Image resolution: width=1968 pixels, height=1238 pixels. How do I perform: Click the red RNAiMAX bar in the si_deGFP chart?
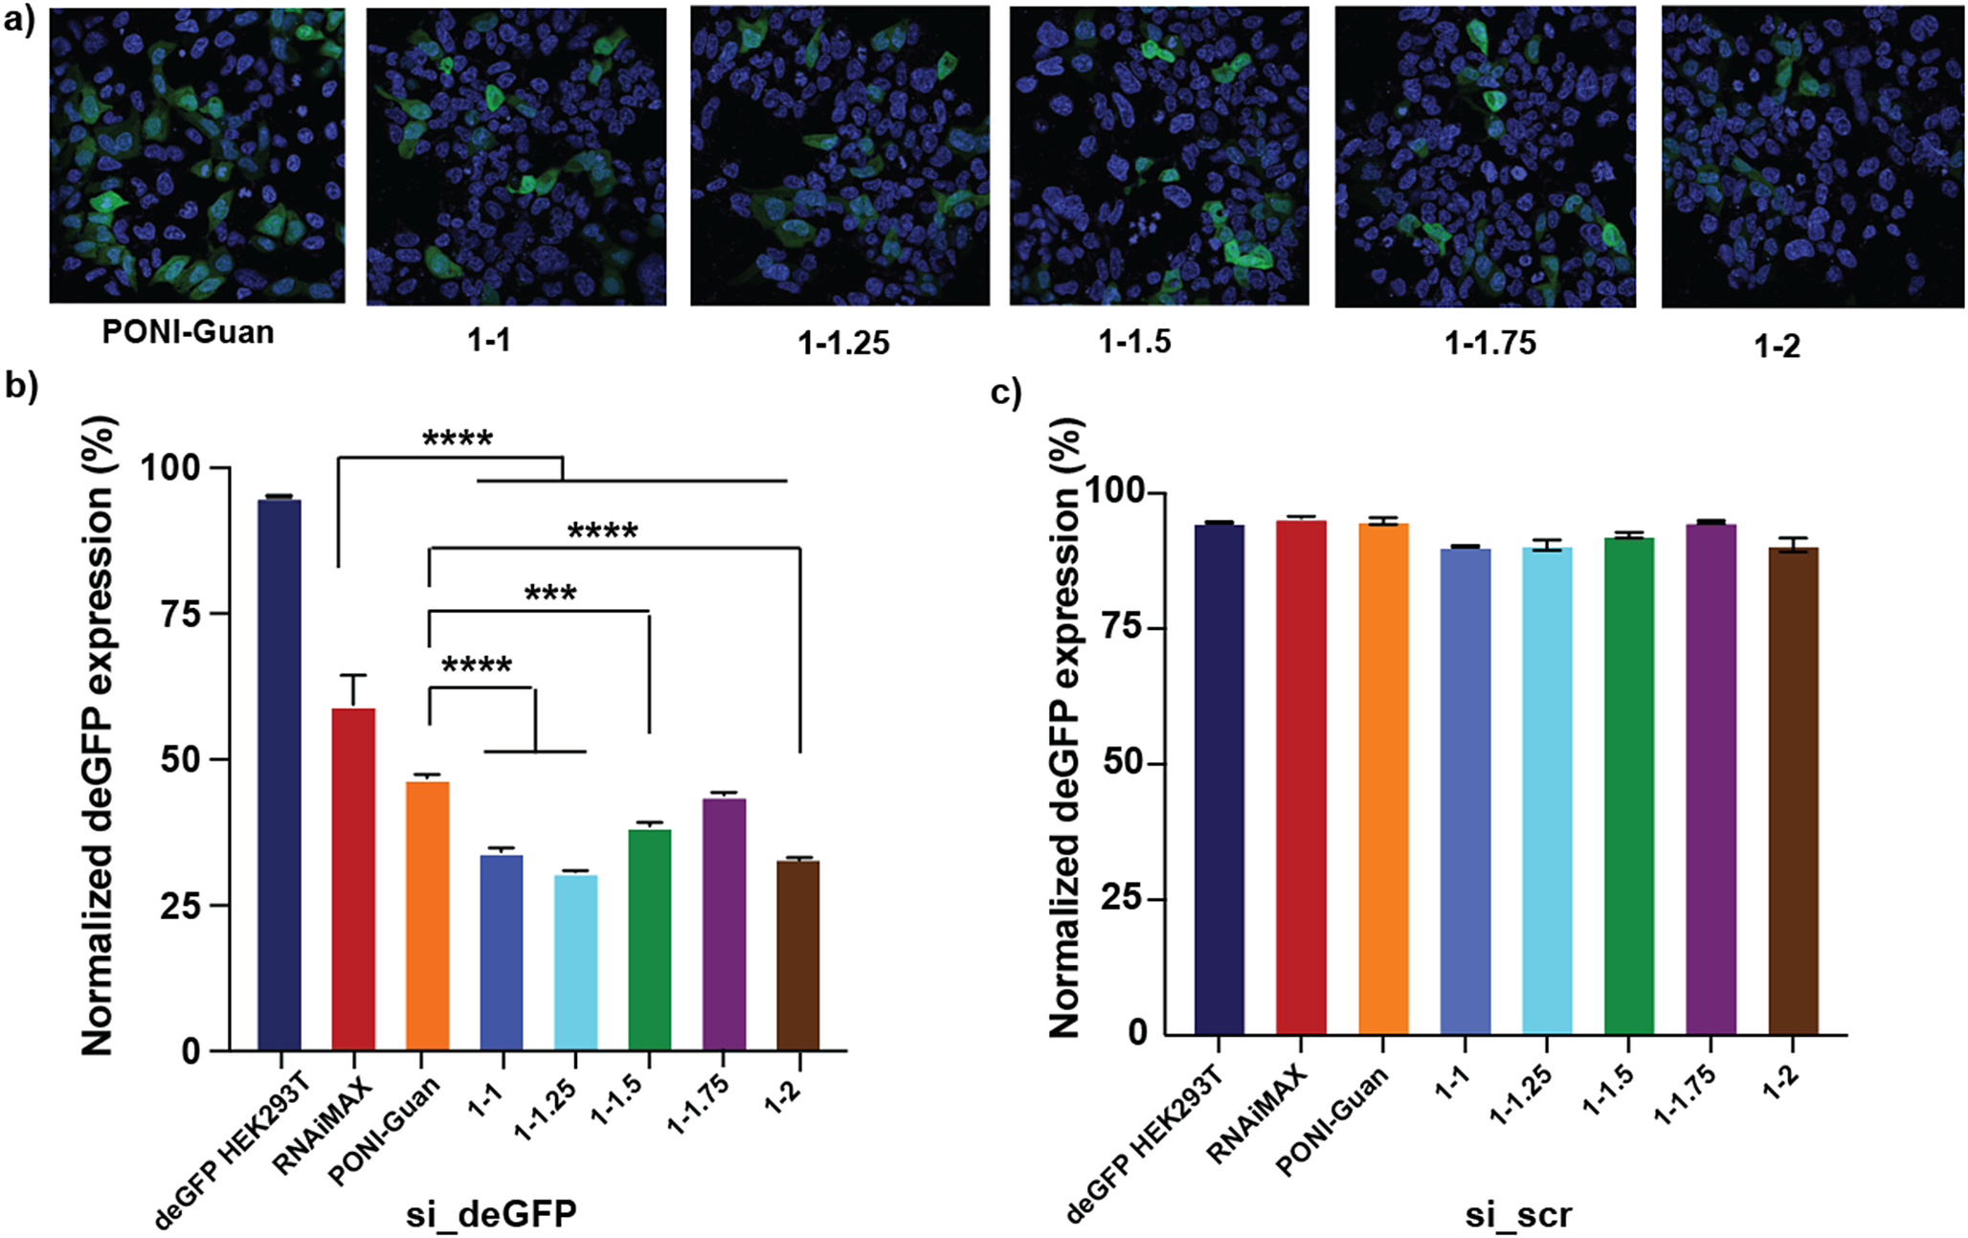pos(353,879)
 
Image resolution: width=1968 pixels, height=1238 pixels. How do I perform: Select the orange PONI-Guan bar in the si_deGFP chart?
pos(428,916)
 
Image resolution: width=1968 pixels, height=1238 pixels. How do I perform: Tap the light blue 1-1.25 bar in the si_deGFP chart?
pos(576,962)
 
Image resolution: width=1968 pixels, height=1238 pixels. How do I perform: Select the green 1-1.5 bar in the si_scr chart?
pos(1629,786)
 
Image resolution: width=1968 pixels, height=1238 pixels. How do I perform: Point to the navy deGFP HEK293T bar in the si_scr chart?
pos(1219,779)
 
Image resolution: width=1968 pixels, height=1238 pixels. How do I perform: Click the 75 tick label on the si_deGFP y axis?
pos(180,614)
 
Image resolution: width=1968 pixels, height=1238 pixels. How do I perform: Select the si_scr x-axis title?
pos(1518,1214)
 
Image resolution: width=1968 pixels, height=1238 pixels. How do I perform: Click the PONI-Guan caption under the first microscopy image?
pos(189,332)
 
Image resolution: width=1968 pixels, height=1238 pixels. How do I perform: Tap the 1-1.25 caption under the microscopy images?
pos(843,342)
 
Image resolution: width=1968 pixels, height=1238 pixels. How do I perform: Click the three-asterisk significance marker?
pos(550,594)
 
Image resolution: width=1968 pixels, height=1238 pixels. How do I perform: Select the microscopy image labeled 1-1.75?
pos(1486,157)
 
